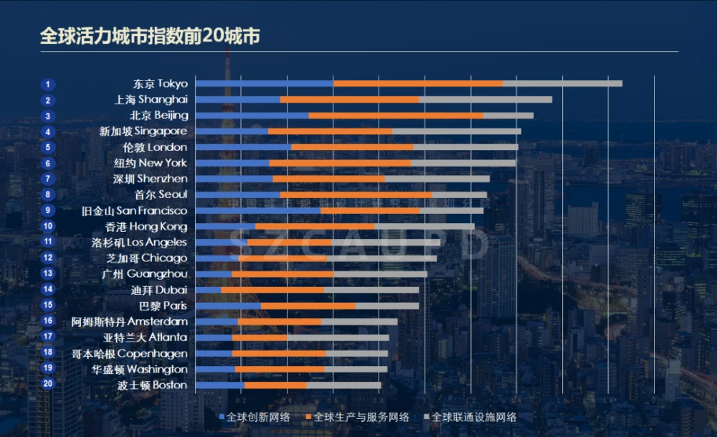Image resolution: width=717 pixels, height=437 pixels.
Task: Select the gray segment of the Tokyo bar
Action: tap(562, 84)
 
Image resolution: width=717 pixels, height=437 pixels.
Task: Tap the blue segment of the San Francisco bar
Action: tap(257, 211)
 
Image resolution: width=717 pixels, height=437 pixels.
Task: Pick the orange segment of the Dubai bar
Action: tap(272, 290)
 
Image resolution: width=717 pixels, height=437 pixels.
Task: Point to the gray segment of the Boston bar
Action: tap(343, 385)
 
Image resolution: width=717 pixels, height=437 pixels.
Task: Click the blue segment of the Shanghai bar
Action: tap(237, 100)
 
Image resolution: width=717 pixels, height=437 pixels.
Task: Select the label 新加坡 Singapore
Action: tap(143, 131)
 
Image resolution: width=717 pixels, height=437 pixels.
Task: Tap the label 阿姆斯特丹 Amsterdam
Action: tap(130, 321)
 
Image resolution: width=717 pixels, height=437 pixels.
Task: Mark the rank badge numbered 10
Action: tap(47, 227)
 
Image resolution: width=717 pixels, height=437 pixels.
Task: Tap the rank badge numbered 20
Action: tap(47, 385)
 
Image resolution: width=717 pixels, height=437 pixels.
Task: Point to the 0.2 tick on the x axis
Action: tap(241, 400)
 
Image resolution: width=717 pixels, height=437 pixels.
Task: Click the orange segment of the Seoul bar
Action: tap(356, 194)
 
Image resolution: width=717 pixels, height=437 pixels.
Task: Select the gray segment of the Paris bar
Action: tap(386, 306)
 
